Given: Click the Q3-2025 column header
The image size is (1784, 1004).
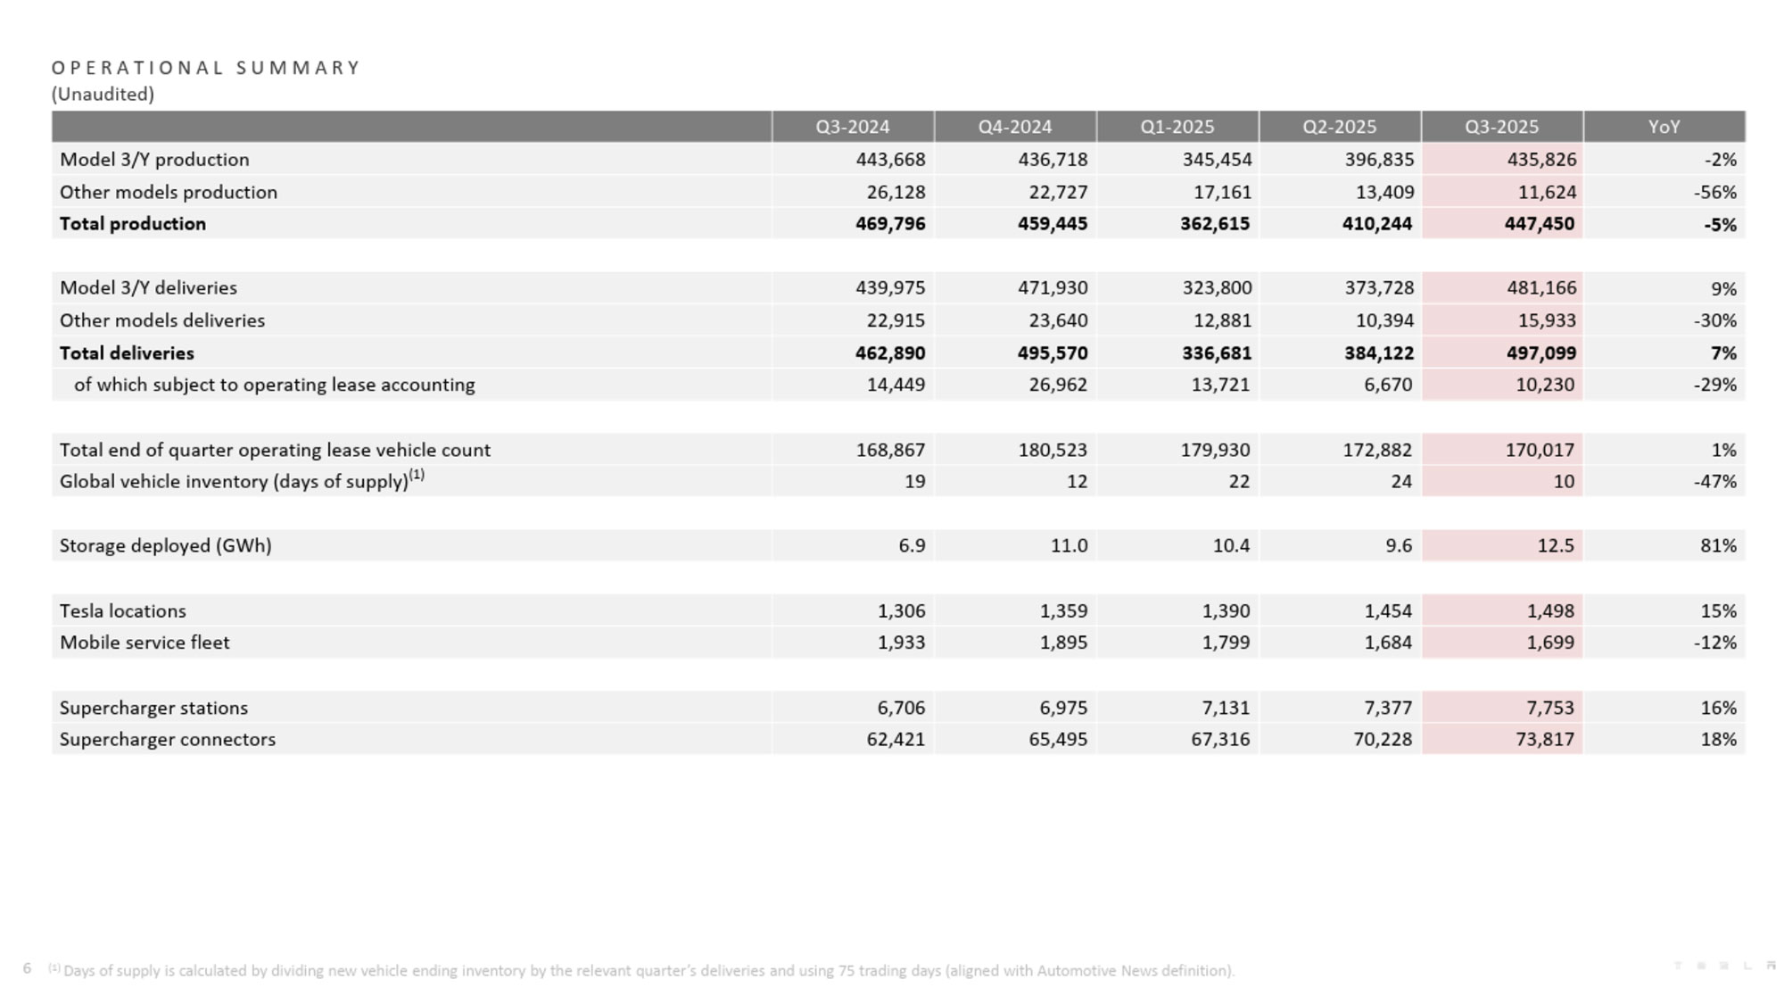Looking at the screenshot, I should point(1501,127).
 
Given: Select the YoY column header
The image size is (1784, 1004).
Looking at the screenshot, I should point(1664,127).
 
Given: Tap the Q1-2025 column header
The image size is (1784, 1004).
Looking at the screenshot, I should point(1177,127).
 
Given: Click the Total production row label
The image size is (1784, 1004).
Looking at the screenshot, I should point(133,224).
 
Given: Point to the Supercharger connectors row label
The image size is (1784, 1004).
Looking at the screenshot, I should point(168,739).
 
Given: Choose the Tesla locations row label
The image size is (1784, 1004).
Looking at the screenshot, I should point(123,610).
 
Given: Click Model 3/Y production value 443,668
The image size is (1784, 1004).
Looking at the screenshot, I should point(890,160).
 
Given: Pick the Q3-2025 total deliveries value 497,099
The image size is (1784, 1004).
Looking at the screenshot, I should point(1540,353).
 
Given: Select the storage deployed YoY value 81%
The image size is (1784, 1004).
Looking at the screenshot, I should point(1718,545).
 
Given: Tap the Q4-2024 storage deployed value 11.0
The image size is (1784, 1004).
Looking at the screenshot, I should point(1069,545).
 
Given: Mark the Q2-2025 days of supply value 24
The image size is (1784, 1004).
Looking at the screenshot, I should point(1401,482).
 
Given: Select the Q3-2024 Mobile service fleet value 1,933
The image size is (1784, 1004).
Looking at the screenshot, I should point(901,643).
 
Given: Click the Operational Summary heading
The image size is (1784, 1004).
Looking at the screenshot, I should point(206,68).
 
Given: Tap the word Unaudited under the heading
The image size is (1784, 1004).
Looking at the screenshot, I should point(103,94).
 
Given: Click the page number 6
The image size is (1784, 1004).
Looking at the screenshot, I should point(27,968).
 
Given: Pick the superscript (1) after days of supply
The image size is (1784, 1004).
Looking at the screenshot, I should point(417,475).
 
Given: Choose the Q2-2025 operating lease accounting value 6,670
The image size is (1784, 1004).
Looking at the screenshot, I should point(1388,385).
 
